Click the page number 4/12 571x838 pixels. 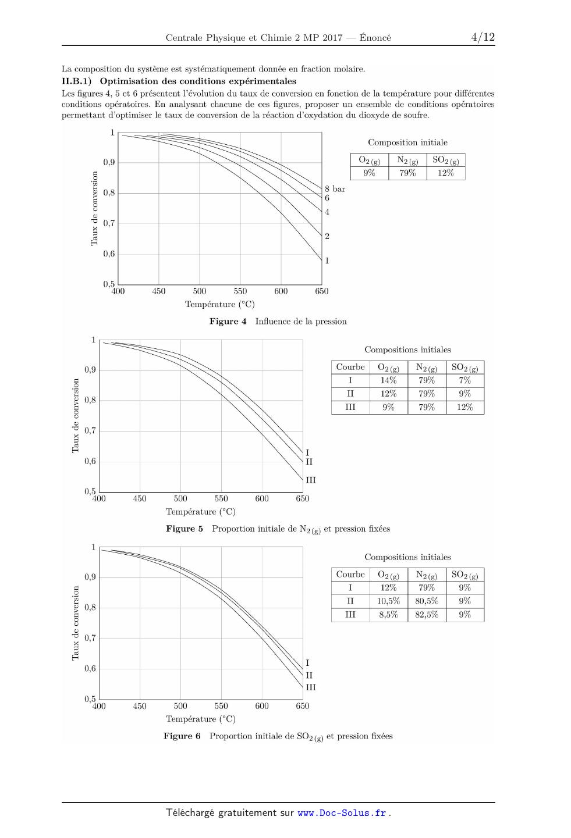[483, 37]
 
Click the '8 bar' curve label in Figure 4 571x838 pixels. [335, 189]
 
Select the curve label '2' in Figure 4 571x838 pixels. [327, 236]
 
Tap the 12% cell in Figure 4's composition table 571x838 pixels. [446, 173]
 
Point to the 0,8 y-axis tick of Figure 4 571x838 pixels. [109, 193]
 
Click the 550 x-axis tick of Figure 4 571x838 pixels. [240, 291]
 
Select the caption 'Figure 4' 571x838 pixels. [228, 322]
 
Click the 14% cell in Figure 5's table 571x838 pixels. [388, 380]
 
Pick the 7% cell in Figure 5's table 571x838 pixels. [464, 380]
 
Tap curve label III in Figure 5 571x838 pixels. [311, 480]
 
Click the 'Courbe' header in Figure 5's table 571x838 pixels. [350, 367]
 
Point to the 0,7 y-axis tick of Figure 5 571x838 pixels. [90, 430]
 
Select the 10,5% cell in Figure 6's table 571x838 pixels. [388, 601]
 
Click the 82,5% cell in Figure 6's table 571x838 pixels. [427, 615]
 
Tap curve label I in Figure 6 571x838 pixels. [307, 663]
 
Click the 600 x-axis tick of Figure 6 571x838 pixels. [262, 706]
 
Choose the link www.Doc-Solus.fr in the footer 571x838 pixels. [342, 813]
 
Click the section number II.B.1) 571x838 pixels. [76, 81]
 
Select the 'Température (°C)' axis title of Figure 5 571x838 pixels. [201, 511]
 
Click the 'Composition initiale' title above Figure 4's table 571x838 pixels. [408, 142]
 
